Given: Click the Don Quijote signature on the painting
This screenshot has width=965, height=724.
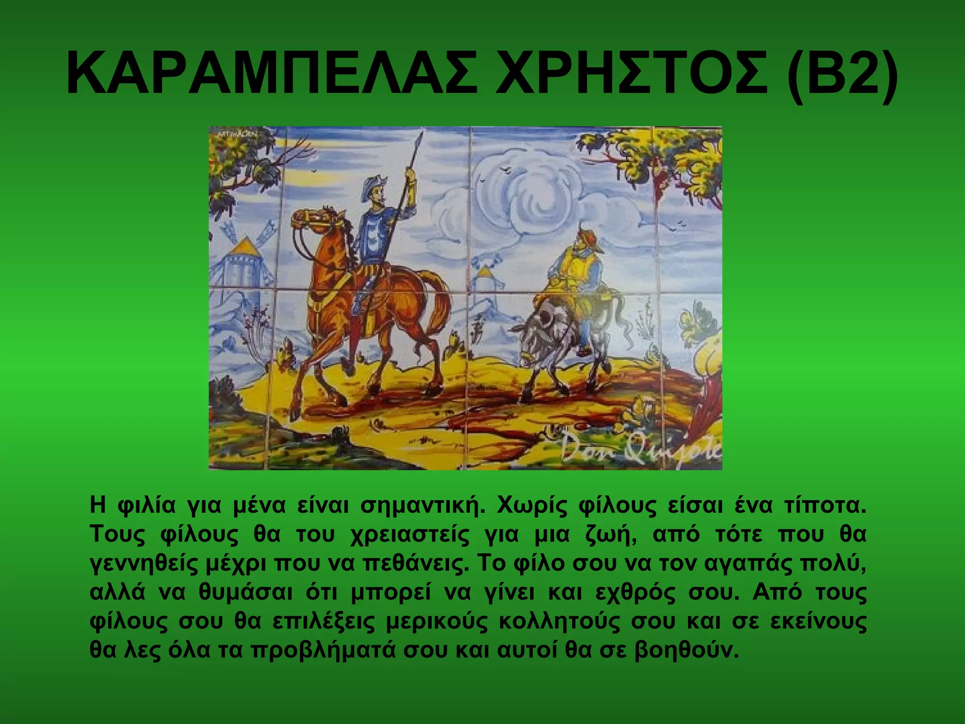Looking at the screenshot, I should (641, 450).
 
